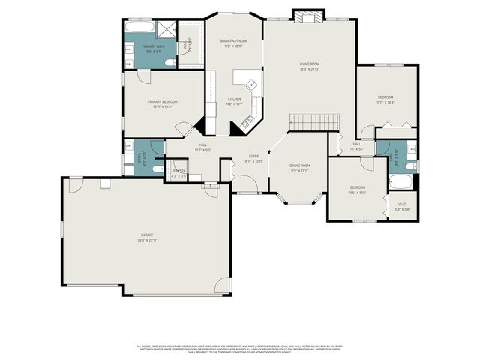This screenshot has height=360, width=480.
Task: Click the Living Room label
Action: pos(310,65)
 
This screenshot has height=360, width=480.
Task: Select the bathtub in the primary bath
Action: pos(140,28)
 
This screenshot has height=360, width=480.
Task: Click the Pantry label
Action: pos(178,171)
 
